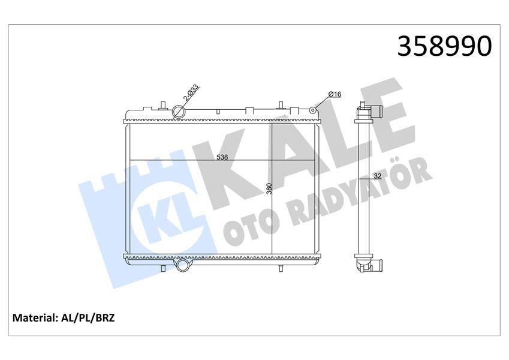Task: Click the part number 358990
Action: pyautogui.click(x=444, y=46)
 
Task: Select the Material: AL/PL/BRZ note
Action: pyautogui.click(x=63, y=317)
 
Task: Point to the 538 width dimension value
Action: pyautogui.click(x=222, y=157)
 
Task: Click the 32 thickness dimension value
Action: pyautogui.click(x=377, y=176)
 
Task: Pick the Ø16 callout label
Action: pyautogui.click(x=335, y=94)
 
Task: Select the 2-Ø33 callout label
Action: pyautogui.click(x=191, y=95)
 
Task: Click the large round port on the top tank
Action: pyautogui.click(x=179, y=112)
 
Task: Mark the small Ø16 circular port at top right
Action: pyautogui.click(x=313, y=110)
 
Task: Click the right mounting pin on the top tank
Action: pyautogui.click(x=279, y=106)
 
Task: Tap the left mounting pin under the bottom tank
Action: pyautogui.click(x=162, y=268)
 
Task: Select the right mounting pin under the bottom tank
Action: pyautogui.click(x=280, y=268)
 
